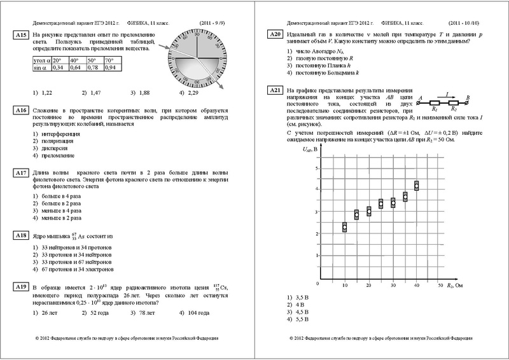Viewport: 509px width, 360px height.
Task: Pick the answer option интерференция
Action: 57,134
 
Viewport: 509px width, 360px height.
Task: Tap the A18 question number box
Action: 20,235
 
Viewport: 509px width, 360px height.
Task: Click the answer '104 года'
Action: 190,314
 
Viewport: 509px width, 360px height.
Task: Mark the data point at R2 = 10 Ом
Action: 345,227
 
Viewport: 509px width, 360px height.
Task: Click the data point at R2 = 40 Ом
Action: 417,186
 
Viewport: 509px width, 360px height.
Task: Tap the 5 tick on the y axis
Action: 316,167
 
